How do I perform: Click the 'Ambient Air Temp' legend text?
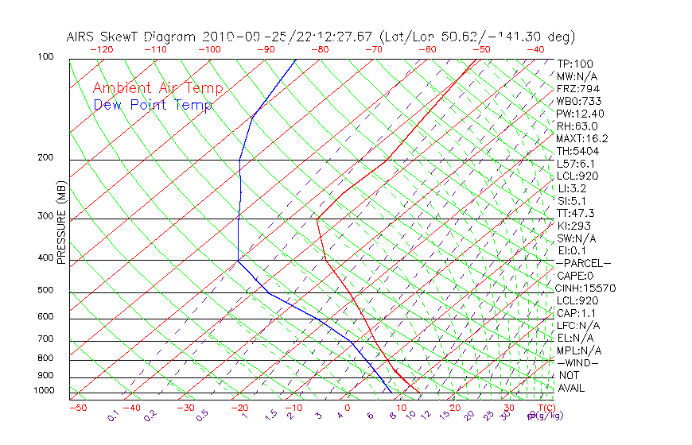[x=158, y=88]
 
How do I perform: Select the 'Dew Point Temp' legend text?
[x=153, y=105]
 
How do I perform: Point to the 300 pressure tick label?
[x=46, y=216]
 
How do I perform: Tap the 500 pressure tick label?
[x=46, y=291]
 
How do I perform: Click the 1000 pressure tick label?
[x=44, y=391]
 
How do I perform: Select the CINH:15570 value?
[x=586, y=288]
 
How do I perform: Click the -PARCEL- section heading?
[x=583, y=263]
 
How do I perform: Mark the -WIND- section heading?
[x=578, y=362]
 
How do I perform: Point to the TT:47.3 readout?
[x=576, y=213]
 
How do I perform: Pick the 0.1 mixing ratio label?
[x=114, y=416]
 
